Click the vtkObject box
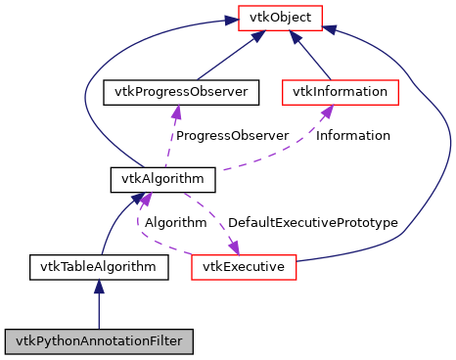pos(280,17)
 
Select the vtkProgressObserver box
pos(181,93)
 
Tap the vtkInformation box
pos(341,93)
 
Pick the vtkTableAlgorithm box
pos(98,265)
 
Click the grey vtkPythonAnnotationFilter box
pos(98,341)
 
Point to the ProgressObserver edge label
pos(232,135)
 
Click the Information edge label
pos(352,135)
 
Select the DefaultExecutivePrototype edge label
pos(312,222)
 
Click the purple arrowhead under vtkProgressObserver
pos(176,112)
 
